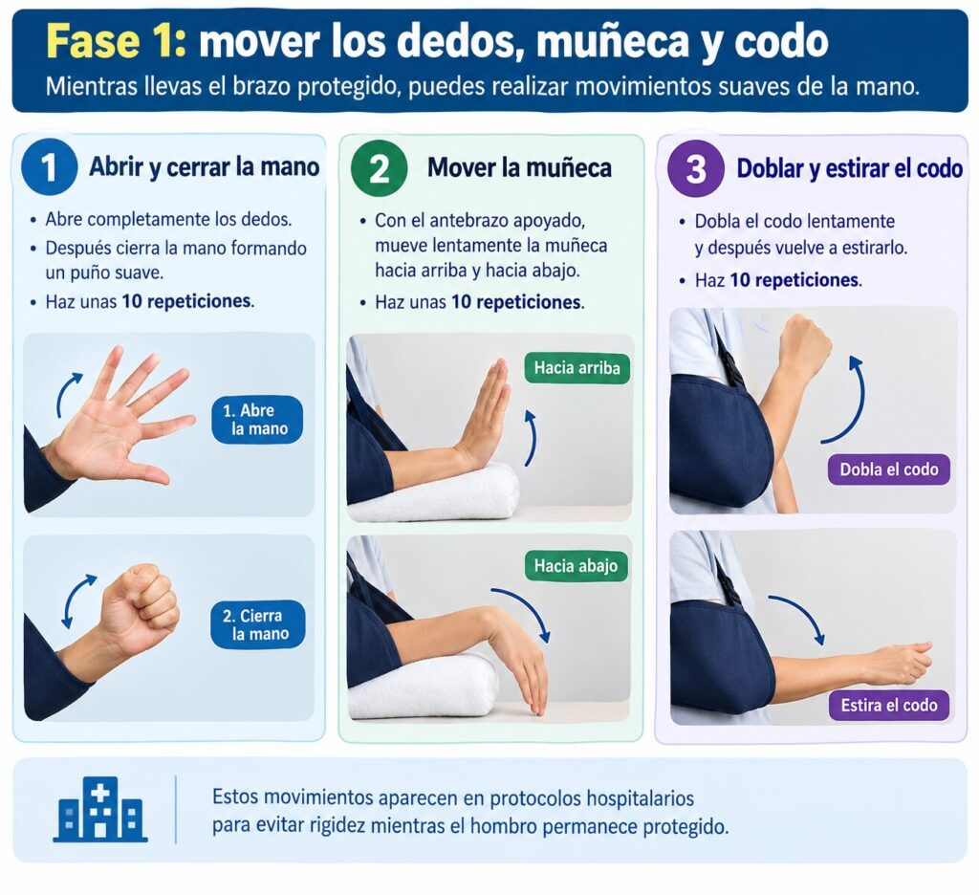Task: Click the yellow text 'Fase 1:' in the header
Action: [x=116, y=41]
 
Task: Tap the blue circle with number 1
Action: [x=50, y=166]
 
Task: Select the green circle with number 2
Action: [x=379, y=167]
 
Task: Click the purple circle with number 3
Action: [x=696, y=168]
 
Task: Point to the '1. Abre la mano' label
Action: [x=257, y=420]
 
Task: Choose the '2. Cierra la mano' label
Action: [x=257, y=624]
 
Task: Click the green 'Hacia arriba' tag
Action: [x=577, y=368]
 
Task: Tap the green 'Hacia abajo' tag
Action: [x=576, y=566]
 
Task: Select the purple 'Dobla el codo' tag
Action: [x=888, y=469]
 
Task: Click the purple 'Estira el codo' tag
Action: [x=889, y=705]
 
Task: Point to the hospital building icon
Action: [x=100, y=810]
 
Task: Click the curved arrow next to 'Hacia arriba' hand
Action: [x=533, y=437]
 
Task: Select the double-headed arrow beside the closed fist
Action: [x=78, y=600]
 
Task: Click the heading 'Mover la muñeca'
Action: [x=519, y=167]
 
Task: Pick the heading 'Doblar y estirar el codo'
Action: [x=849, y=168]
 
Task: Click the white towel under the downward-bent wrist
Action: [x=424, y=686]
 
